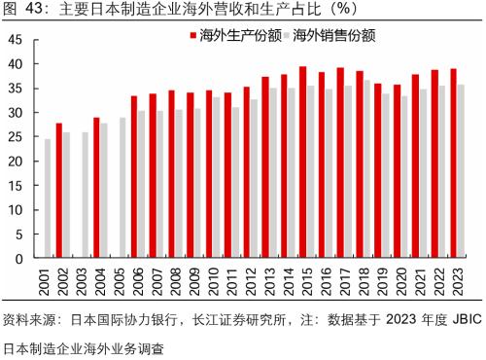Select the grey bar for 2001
(48, 199)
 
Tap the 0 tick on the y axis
(20, 260)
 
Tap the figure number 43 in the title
(35, 11)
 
